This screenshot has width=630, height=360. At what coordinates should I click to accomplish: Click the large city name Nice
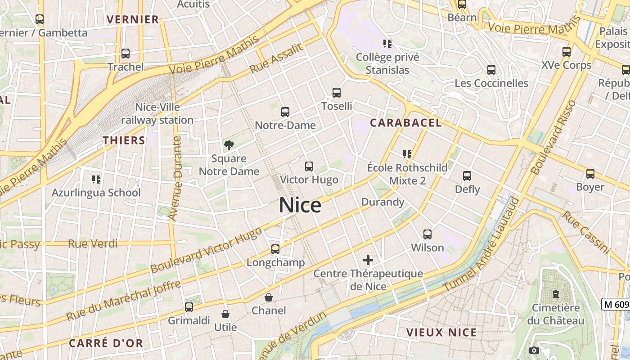click(300, 205)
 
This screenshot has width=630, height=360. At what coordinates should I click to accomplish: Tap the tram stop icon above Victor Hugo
click(309, 166)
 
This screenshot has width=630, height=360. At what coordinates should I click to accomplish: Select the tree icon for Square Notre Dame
click(229, 145)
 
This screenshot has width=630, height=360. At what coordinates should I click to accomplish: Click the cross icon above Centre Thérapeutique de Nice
click(368, 260)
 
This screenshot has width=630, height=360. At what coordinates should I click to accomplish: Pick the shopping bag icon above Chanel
click(269, 297)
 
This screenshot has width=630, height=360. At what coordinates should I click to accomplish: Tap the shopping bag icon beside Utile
click(225, 314)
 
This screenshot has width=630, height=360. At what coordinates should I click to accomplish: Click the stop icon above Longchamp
click(275, 249)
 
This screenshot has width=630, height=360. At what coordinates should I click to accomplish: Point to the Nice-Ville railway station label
click(157, 113)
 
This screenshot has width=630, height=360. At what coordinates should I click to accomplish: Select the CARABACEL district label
click(405, 123)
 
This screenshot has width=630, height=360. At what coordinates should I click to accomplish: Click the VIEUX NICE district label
click(441, 333)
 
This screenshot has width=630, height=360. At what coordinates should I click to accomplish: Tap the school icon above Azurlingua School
click(96, 180)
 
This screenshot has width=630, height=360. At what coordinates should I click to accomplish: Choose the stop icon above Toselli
click(337, 93)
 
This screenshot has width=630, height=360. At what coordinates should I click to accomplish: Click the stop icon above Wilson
click(427, 234)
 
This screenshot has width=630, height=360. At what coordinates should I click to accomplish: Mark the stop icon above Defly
click(467, 176)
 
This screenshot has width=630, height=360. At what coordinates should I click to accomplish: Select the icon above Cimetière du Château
click(556, 294)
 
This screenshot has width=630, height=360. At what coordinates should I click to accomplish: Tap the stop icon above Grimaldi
click(189, 307)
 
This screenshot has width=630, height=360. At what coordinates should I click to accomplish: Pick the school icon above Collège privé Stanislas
click(387, 44)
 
